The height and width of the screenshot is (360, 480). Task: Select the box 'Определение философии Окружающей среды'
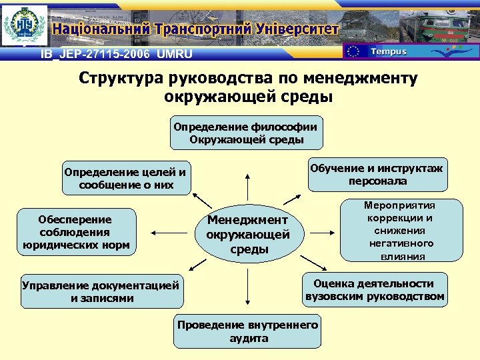(x=246, y=133)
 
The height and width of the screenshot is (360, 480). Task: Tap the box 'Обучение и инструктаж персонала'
(x=377, y=175)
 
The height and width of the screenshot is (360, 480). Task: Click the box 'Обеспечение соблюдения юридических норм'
(x=75, y=232)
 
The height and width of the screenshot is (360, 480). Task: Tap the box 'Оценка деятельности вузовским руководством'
(x=375, y=290)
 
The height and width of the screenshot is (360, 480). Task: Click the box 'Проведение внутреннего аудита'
(x=247, y=331)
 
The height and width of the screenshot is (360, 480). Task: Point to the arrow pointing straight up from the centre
(x=248, y=187)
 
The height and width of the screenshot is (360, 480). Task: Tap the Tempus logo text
(x=388, y=51)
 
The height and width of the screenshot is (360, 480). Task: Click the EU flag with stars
(x=355, y=51)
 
